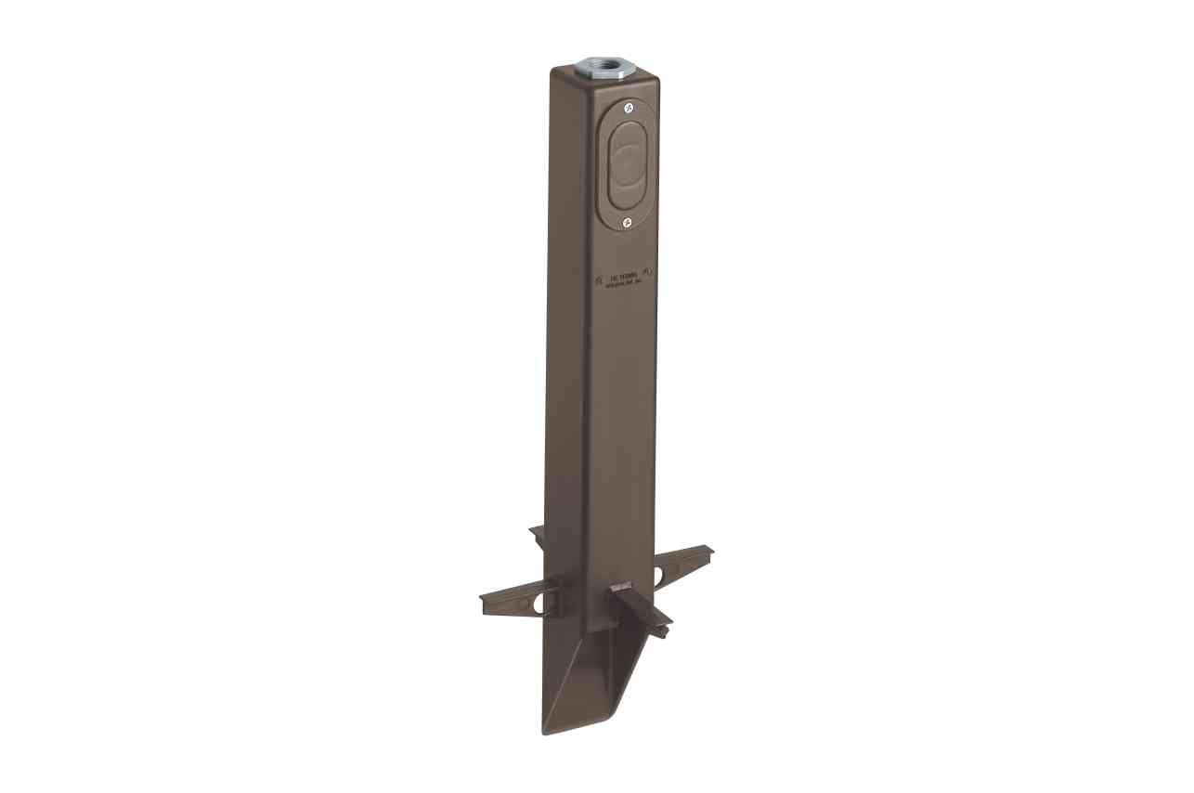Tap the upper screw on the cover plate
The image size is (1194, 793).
coord(629,110)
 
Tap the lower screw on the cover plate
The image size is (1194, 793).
coord(627,222)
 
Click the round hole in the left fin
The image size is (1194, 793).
coord(536,603)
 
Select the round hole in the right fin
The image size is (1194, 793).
coord(659,576)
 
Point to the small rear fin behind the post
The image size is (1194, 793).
coord(538,532)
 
